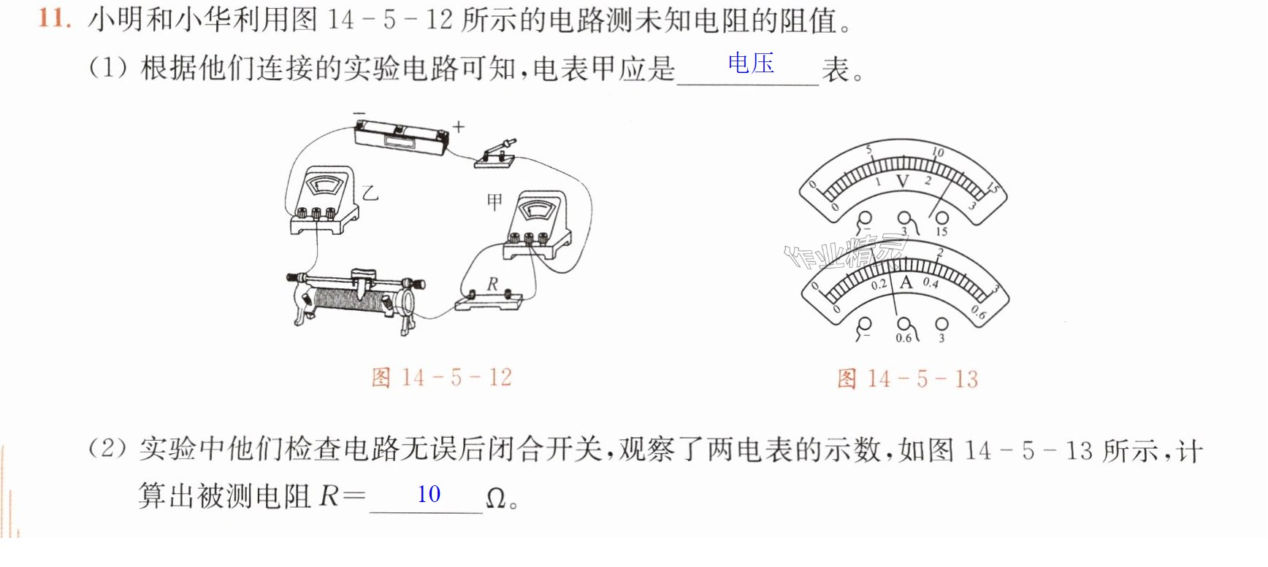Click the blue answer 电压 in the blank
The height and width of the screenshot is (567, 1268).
(x=751, y=63)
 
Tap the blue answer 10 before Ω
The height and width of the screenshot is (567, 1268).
(x=429, y=494)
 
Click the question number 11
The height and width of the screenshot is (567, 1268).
(x=55, y=18)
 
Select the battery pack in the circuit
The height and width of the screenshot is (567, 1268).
(x=401, y=136)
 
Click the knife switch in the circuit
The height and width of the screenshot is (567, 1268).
(x=495, y=153)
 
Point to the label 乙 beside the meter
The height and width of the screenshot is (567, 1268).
(x=370, y=193)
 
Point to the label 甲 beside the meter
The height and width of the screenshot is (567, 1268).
(x=494, y=201)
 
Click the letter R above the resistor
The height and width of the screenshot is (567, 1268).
(x=492, y=283)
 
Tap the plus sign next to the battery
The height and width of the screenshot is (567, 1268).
(x=459, y=127)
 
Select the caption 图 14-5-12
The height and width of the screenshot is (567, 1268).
(x=441, y=377)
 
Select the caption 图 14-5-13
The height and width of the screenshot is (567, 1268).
(x=907, y=379)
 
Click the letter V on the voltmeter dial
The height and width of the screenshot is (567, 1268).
(x=903, y=181)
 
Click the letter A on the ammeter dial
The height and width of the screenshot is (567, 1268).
(x=906, y=282)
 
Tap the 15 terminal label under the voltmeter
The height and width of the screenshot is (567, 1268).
(x=942, y=231)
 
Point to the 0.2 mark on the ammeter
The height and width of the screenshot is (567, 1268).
(x=879, y=285)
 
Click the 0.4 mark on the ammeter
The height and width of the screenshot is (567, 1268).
(x=931, y=282)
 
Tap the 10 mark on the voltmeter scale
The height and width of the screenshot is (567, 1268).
(x=938, y=152)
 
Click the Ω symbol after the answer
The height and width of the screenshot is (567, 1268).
(x=496, y=498)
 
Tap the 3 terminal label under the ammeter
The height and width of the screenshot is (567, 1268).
(x=942, y=339)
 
